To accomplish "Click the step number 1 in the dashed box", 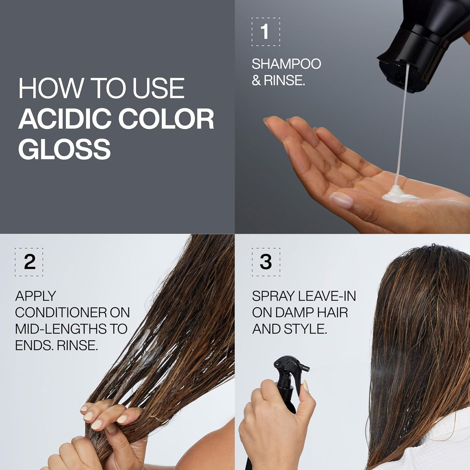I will [x=265, y=32].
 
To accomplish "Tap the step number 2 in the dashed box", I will [x=29, y=262].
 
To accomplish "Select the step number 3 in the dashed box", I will [x=266, y=262].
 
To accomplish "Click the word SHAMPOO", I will [x=286, y=64].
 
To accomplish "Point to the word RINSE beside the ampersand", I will [x=284, y=81].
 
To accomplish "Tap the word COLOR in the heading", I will [x=166, y=119].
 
